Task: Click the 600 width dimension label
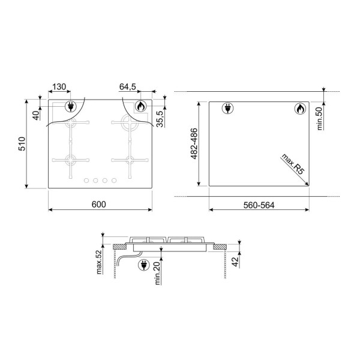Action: coord(99,205)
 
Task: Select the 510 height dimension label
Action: coord(22,144)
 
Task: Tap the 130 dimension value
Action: coord(59,87)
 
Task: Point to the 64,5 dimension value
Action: coord(128,87)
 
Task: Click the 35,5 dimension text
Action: coord(160,119)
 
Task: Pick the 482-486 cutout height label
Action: coord(194,144)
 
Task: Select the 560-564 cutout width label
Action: coord(259,205)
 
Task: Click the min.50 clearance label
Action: coord(320,119)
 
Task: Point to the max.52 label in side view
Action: coord(99,262)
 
